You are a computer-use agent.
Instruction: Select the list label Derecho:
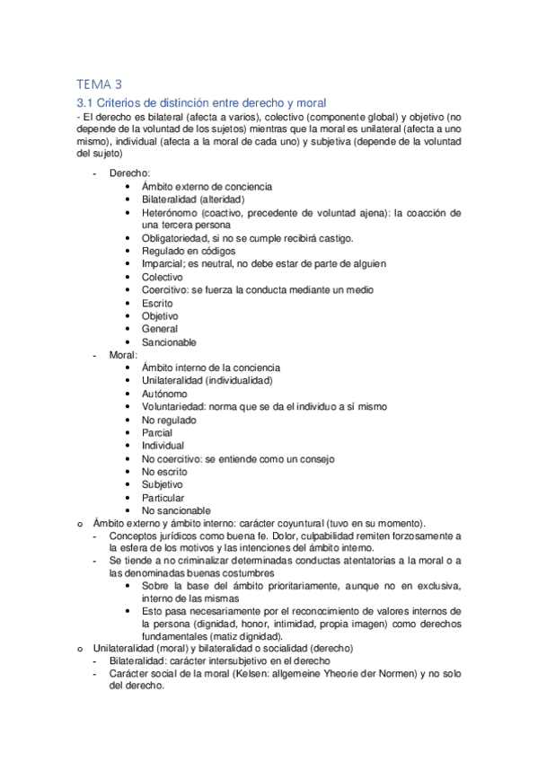click(x=130, y=173)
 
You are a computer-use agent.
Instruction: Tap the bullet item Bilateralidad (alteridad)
click(x=193, y=199)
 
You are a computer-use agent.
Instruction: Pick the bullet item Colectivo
click(x=162, y=277)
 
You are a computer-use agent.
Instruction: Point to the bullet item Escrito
click(x=157, y=303)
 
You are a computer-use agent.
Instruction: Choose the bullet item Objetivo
click(x=160, y=316)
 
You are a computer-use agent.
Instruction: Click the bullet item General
click(x=159, y=329)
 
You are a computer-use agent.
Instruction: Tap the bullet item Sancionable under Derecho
click(x=169, y=342)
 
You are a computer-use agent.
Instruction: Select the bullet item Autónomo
click(x=164, y=394)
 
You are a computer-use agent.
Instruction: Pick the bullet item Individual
click(x=163, y=446)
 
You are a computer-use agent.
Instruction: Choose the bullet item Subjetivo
click(x=162, y=484)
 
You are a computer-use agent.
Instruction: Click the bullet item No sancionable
click(x=176, y=510)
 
